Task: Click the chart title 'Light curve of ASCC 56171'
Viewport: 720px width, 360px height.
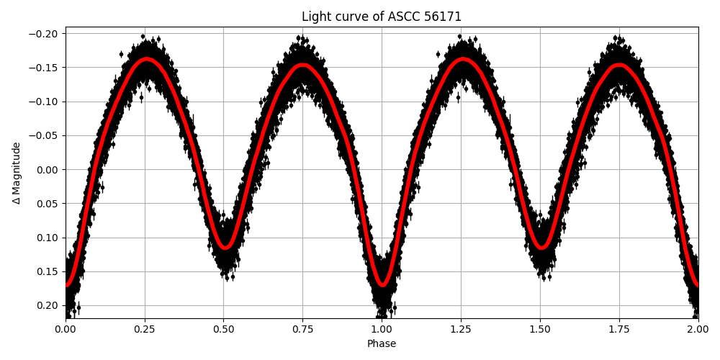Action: tap(382, 17)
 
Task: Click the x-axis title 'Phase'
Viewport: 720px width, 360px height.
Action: tap(382, 344)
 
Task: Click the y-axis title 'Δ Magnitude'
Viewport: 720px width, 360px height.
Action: tap(17, 173)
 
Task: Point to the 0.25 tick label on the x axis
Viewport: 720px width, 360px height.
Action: tap(145, 330)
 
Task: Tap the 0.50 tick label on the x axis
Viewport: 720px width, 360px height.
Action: tap(223, 330)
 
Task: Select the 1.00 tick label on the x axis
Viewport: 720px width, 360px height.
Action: tap(382, 330)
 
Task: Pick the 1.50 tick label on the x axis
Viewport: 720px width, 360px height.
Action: tap(540, 330)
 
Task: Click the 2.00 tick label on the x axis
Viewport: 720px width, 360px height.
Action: tap(698, 330)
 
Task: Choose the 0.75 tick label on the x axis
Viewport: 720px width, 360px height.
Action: tap(302, 330)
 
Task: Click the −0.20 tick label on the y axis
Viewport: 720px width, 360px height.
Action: tap(45, 34)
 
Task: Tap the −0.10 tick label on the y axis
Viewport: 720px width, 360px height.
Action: tap(45, 102)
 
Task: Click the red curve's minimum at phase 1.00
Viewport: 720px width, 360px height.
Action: tap(382, 284)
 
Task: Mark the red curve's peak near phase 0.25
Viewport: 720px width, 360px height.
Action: tap(147, 60)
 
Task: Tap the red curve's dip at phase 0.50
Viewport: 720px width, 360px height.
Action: tap(225, 247)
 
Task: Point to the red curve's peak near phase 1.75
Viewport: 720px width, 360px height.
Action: tap(619, 66)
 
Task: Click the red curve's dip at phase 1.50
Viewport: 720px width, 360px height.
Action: tap(541, 247)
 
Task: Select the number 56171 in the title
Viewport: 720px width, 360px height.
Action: tap(444, 17)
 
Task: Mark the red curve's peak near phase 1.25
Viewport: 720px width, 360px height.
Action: tap(463, 60)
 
